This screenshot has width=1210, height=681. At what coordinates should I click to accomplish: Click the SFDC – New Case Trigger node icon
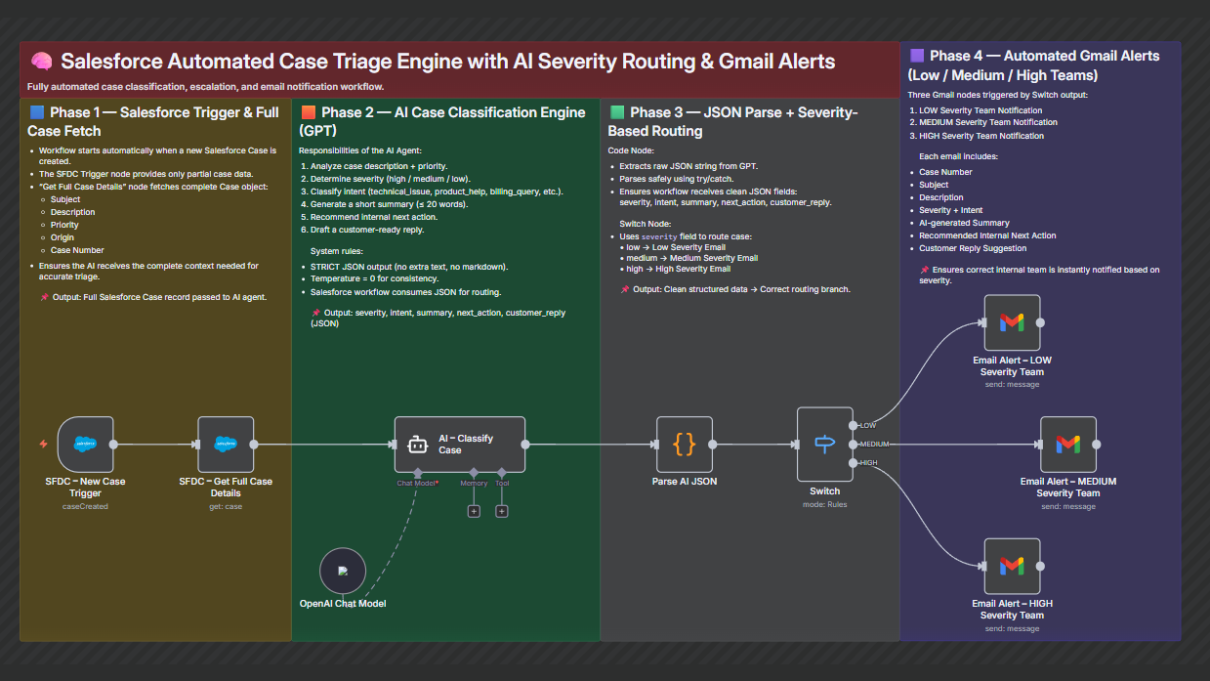pyautogui.click(x=86, y=444)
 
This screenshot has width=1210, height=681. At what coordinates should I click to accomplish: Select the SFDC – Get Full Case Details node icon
pyautogui.click(x=226, y=444)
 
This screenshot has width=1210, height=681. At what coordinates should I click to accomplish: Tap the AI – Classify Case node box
pyautogui.click(x=460, y=445)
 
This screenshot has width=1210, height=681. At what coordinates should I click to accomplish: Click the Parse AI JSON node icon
pyautogui.click(x=685, y=444)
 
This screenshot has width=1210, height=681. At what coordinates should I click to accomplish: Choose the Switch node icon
pyautogui.click(x=825, y=444)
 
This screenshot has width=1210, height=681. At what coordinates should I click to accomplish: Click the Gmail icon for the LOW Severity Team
pyautogui.click(x=1012, y=321)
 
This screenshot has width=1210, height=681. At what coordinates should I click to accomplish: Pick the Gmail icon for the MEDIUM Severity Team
pyautogui.click(x=1068, y=444)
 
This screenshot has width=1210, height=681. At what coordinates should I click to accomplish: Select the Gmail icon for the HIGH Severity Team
pyautogui.click(x=1012, y=566)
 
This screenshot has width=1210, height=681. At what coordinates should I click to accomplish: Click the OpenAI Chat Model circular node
pyautogui.click(x=343, y=571)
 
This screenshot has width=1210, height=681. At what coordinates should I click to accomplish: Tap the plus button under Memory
pyautogui.click(x=474, y=511)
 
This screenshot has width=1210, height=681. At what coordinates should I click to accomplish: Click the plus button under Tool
pyautogui.click(x=502, y=511)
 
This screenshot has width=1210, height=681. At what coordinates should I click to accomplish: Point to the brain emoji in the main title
pyautogui.click(x=41, y=62)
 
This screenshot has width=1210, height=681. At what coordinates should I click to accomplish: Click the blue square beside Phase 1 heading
pyautogui.click(x=37, y=112)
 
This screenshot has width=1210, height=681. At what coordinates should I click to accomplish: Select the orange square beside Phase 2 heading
pyautogui.click(x=309, y=112)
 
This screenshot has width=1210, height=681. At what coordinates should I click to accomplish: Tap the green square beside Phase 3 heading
pyautogui.click(x=617, y=112)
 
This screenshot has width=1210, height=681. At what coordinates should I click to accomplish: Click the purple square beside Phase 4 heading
pyautogui.click(x=917, y=56)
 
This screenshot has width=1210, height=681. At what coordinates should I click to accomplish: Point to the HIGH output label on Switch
pyautogui.click(x=868, y=462)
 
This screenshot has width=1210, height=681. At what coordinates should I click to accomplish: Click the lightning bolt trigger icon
pyautogui.click(x=43, y=444)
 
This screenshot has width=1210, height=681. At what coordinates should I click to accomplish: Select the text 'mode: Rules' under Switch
pyautogui.click(x=825, y=504)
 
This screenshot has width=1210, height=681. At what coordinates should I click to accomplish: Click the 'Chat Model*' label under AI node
pyautogui.click(x=417, y=483)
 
